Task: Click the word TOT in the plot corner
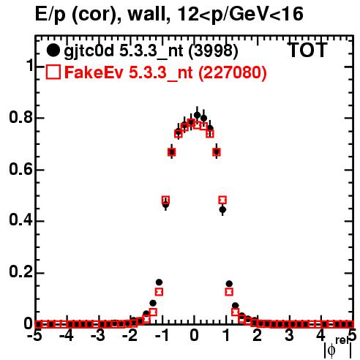coord(308,50)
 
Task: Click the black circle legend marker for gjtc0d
coord(53,50)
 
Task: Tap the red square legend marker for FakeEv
coord(53,72)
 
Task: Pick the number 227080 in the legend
coord(233,72)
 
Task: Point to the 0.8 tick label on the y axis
coord(20,117)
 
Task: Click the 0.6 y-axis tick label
coord(20,169)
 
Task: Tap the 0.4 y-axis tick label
coord(20,220)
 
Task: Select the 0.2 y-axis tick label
coord(20,272)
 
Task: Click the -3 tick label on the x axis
coord(99,336)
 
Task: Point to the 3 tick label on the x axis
coord(289,336)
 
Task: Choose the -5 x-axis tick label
coord(35,336)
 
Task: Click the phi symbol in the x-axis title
coord(331,350)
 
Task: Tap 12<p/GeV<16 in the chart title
coord(241,15)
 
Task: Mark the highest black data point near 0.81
coord(198,115)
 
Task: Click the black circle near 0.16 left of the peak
coord(159,282)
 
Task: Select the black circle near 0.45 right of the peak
coord(222,209)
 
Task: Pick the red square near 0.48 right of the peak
coord(222,200)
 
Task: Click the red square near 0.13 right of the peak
coord(229,292)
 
